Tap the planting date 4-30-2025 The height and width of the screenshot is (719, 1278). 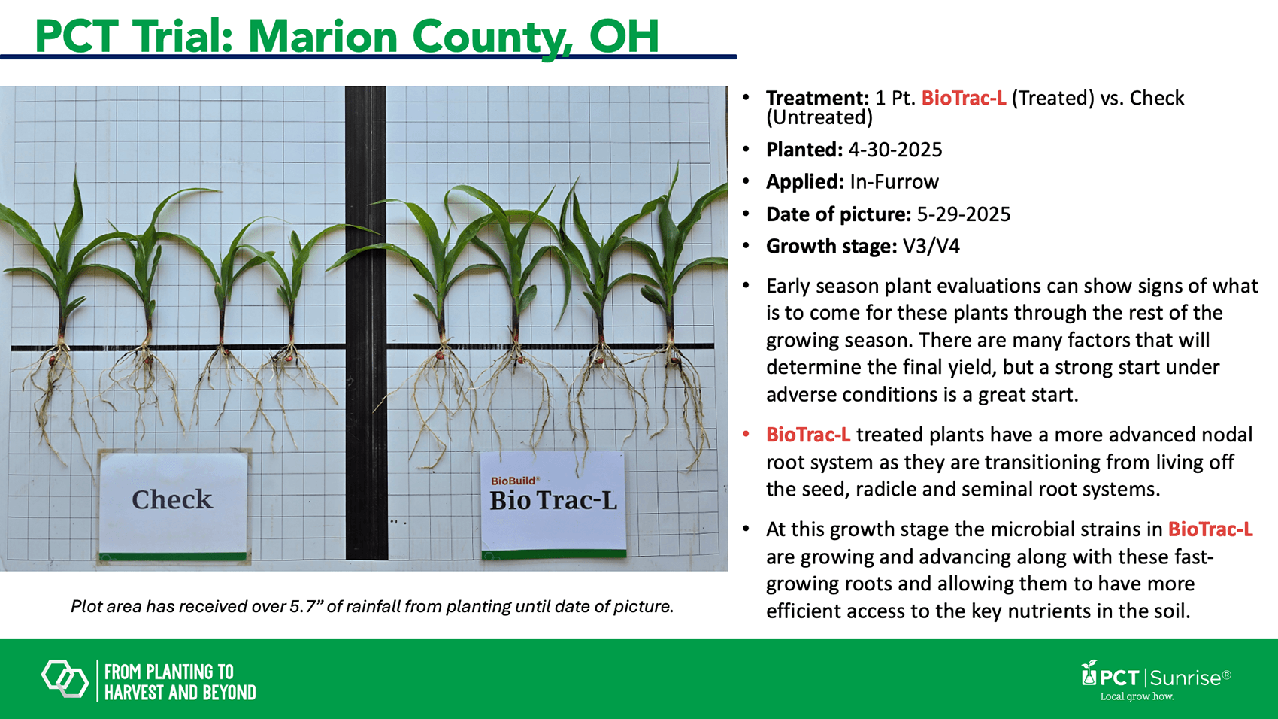895,150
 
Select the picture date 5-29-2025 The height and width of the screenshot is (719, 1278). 964,214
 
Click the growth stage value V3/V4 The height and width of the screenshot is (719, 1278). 931,246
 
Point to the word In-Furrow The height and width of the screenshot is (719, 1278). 894,181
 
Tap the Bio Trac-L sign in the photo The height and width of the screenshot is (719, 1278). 553,505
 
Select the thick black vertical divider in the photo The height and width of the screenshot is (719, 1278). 365,323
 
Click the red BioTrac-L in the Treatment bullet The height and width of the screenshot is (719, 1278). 964,99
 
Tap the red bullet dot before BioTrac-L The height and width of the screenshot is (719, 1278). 746,435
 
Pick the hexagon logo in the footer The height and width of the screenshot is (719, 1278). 65,678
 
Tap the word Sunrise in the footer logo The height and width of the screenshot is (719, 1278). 1186,678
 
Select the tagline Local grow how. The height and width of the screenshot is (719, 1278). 1137,696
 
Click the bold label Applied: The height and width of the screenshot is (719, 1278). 804,182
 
